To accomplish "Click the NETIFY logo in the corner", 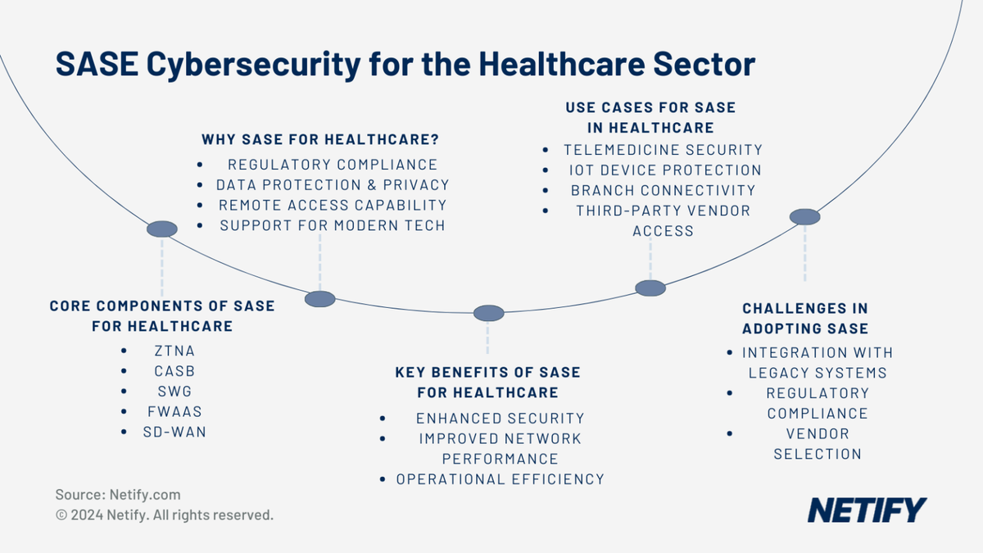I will [867, 510].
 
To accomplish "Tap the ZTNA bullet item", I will [174, 351].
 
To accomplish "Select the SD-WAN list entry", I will [174, 431].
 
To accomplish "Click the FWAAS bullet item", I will [174, 411].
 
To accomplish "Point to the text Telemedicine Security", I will [663, 150].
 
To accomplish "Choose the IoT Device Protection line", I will [664, 170].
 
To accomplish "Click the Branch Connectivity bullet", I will [663, 190].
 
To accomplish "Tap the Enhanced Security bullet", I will [500, 418].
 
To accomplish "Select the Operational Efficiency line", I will [500, 479].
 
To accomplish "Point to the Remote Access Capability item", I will [332, 205].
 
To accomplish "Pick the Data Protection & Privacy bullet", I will [333, 185].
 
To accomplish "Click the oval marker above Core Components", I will [162, 229].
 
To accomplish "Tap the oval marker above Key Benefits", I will [489, 312].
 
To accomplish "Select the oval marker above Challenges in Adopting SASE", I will [804, 216].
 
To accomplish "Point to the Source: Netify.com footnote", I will [118, 495].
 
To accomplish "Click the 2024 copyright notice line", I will [164, 515].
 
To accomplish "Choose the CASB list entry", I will [174, 371].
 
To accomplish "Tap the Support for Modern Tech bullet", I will [332, 225].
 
